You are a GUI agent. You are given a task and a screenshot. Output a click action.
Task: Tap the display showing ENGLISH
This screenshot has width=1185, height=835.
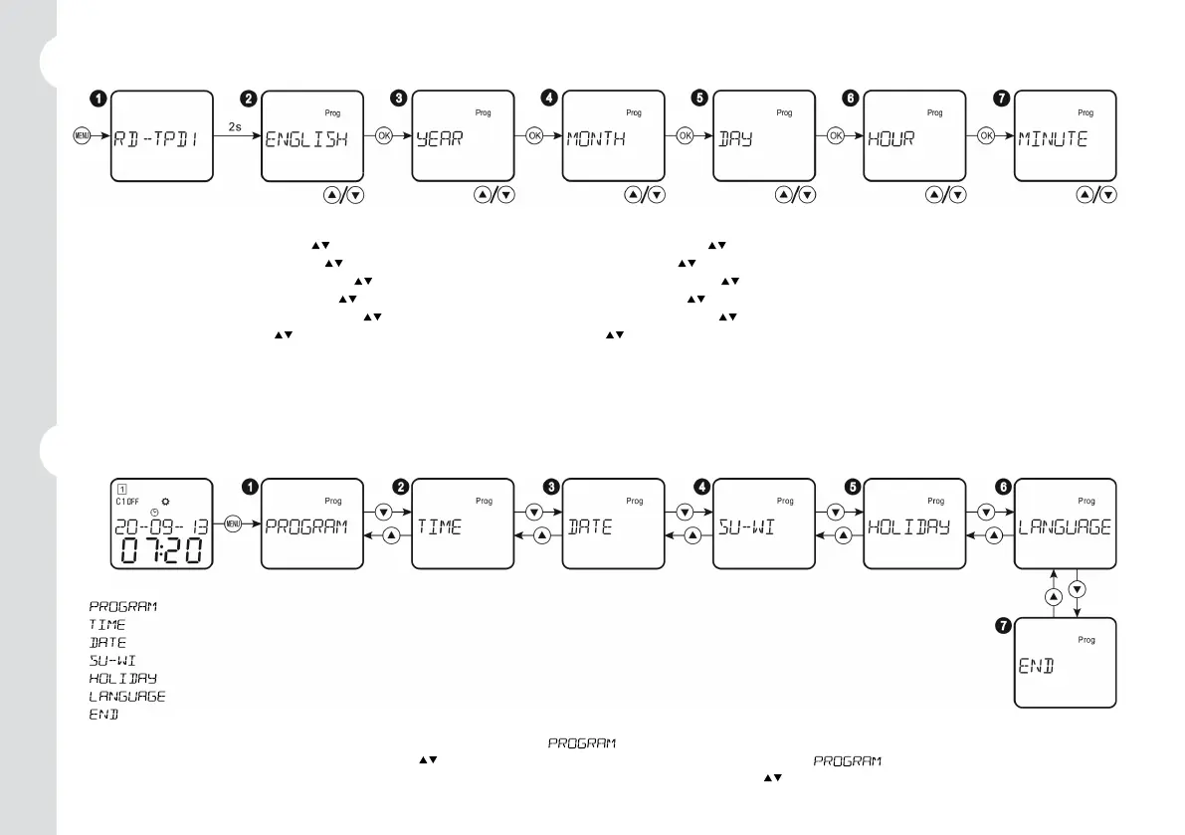[x=311, y=136]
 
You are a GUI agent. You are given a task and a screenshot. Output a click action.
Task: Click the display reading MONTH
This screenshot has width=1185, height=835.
[x=613, y=136]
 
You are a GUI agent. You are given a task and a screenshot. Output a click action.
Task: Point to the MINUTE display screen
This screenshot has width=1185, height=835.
[x=1065, y=136]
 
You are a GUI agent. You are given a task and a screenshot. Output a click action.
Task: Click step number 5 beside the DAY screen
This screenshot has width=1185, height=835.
[x=699, y=99]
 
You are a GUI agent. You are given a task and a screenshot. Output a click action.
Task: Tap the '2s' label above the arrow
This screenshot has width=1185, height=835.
[x=234, y=126]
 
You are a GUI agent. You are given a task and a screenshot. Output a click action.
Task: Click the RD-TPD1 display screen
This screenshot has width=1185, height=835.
[x=161, y=136]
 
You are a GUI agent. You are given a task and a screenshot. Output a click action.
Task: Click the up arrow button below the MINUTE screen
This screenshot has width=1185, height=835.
[x=1084, y=195]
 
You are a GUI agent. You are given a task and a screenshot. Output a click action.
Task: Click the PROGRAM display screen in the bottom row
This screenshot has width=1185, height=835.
[x=311, y=524]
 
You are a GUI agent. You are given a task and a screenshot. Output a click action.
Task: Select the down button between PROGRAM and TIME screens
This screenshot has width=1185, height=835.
[x=382, y=513]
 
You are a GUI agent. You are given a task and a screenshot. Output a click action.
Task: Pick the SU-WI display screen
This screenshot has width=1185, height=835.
[x=763, y=524]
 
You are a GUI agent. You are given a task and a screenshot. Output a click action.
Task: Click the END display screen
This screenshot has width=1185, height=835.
[x=1065, y=663]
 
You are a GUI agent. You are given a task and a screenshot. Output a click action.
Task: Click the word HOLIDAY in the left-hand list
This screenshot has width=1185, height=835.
[x=123, y=679]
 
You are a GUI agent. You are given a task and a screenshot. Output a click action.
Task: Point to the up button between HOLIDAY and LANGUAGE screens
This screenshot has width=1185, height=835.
[x=994, y=536]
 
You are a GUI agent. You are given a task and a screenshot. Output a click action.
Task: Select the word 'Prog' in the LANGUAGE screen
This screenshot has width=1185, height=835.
[x=1086, y=502]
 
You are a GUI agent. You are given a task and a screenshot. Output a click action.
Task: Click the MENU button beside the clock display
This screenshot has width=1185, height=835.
[x=233, y=524]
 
